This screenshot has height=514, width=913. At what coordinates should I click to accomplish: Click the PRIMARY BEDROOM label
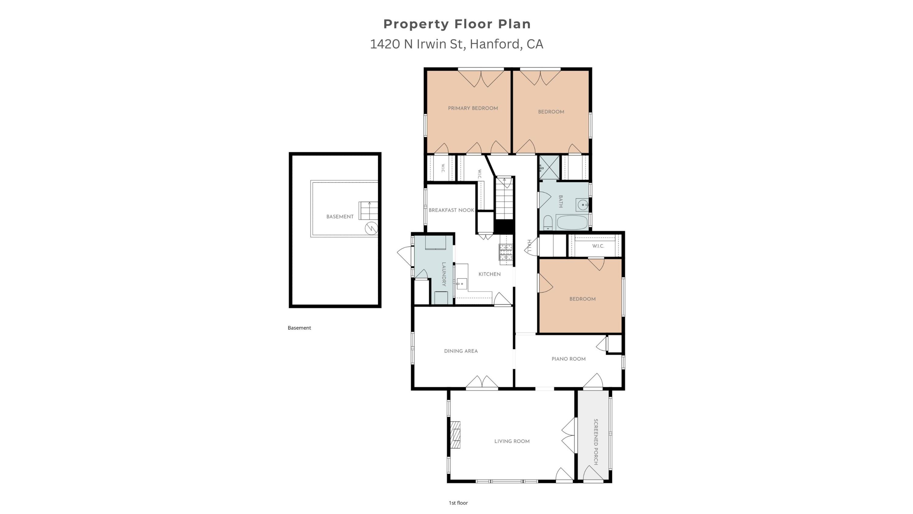coord(473,108)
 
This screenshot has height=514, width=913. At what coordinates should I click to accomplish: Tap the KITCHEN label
coord(489,274)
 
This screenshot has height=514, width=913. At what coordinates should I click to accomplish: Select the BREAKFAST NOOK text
coord(451,210)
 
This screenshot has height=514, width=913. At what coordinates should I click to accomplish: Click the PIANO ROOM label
coord(568,359)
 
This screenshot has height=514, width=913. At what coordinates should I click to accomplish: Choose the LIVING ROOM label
coord(512,441)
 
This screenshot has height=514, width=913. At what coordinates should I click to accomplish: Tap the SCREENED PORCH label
coord(596,442)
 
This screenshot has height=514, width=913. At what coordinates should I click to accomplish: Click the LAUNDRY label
coord(443,274)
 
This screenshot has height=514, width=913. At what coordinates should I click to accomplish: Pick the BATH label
coord(560,201)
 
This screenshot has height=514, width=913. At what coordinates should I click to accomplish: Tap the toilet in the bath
coord(548,222)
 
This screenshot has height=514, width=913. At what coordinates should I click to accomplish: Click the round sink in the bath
coord(582,205)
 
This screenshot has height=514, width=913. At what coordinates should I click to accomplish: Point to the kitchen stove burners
coord(506,252)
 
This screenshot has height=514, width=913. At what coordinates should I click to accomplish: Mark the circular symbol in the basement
coord(371,228)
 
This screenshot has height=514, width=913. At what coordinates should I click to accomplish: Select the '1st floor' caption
coord(458,503)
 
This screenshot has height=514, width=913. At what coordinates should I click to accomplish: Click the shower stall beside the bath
coord(549,167)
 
